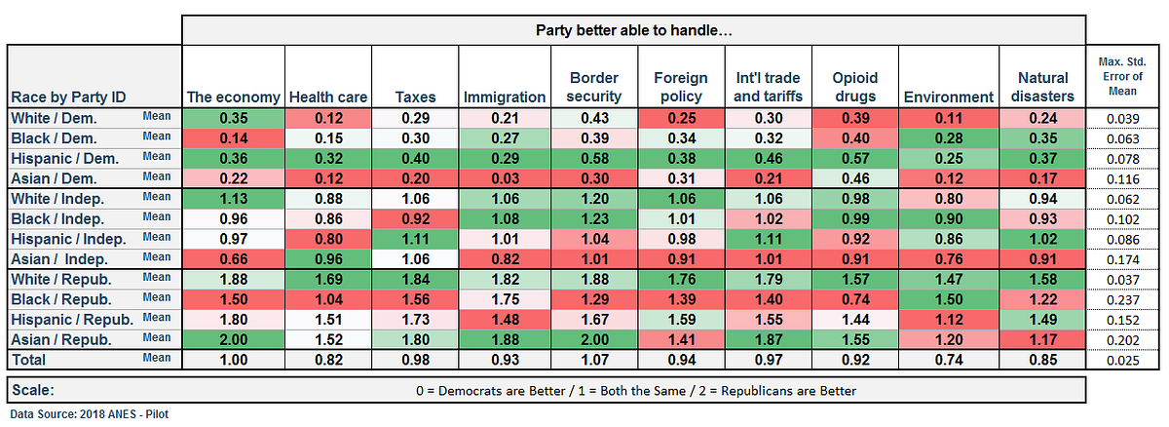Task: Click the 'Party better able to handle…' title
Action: pyautogui.click(x=634, y=29)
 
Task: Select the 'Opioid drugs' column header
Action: pyautogui.click(x=856, y=87)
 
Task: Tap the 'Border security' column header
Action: pyautogui.click(x=595, y=87)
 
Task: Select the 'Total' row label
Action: pyautogui.click(x=29, y=359)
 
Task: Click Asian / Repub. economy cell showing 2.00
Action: pyautogui.click(x=233, y=339)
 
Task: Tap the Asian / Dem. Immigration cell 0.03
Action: pyautogui.click(x=504, y=178)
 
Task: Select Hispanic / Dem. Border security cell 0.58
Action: pyautogui.click(x=595, y=157)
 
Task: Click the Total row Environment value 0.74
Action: pyautogui.click(x=948, y=359)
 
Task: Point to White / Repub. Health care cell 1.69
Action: pyautogui.click(x=326, y=278)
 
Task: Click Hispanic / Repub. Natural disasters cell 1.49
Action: pyautogui.click(x=1044, y=318)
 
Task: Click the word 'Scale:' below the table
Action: pyautogui.click(x=35, y=389)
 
